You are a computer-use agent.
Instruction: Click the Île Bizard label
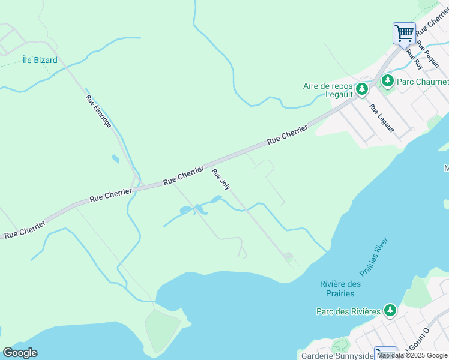click(x=40, y=60)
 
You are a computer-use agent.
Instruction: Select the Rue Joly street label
click(x=221, y=179)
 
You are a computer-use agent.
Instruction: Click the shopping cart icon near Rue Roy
click(x=404, y=32)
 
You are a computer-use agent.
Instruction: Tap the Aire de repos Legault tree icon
click(x=362, y=89)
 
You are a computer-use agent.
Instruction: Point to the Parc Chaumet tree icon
click(x=388, y=81)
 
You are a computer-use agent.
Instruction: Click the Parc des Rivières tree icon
click(x=391, y=310)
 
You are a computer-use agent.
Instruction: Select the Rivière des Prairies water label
click(x=341, y=289)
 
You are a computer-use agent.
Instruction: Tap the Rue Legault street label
click(x=382, y=118)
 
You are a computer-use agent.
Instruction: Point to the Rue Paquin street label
click(x=428, y=55)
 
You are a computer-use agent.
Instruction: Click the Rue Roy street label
click(x=414, y=59)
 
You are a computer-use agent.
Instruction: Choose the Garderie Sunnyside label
click(x=333, y=355)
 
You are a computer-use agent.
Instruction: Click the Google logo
click(x=20, y=353)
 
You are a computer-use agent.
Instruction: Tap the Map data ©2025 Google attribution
click(x=412, y=355)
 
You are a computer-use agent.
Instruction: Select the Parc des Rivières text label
click(x=349, y=311)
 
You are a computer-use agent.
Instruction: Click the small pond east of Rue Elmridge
click(x=115, y=159)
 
